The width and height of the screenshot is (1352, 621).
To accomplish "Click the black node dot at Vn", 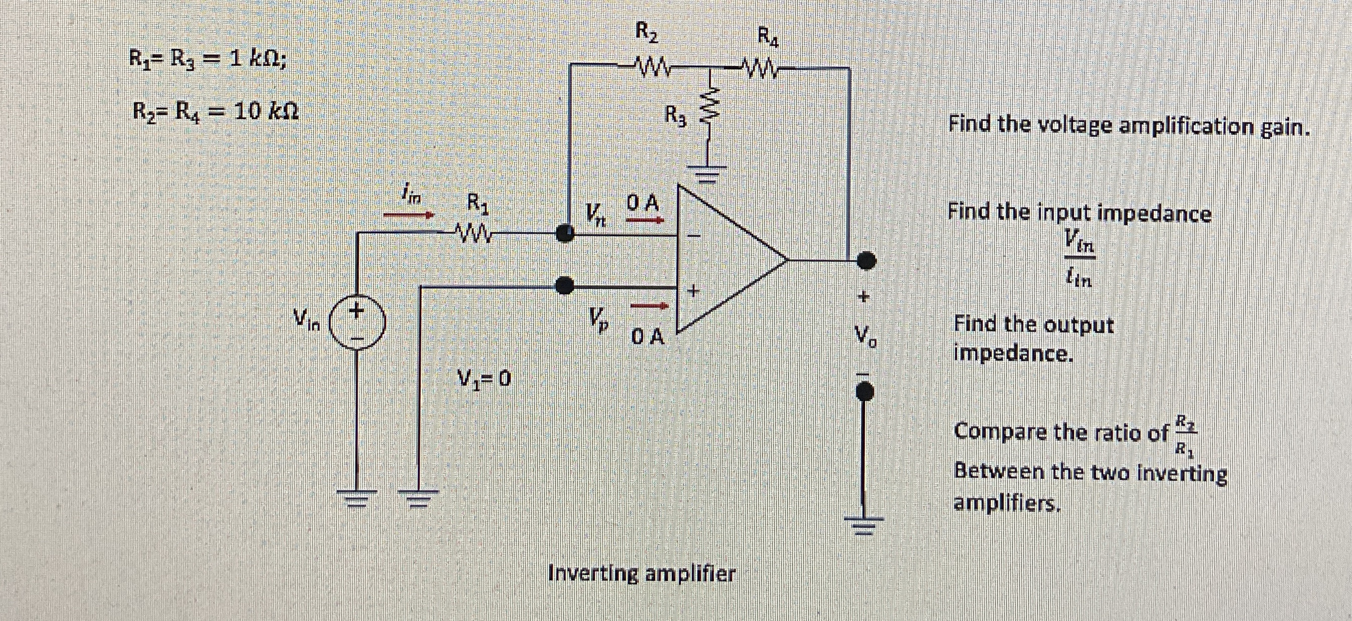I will pos(565,233).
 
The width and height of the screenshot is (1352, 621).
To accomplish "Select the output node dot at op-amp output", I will pos(865,259).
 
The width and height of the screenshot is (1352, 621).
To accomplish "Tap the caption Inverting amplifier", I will pos(641,574).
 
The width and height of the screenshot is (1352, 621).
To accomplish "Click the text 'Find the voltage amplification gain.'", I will pos(1129,126).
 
